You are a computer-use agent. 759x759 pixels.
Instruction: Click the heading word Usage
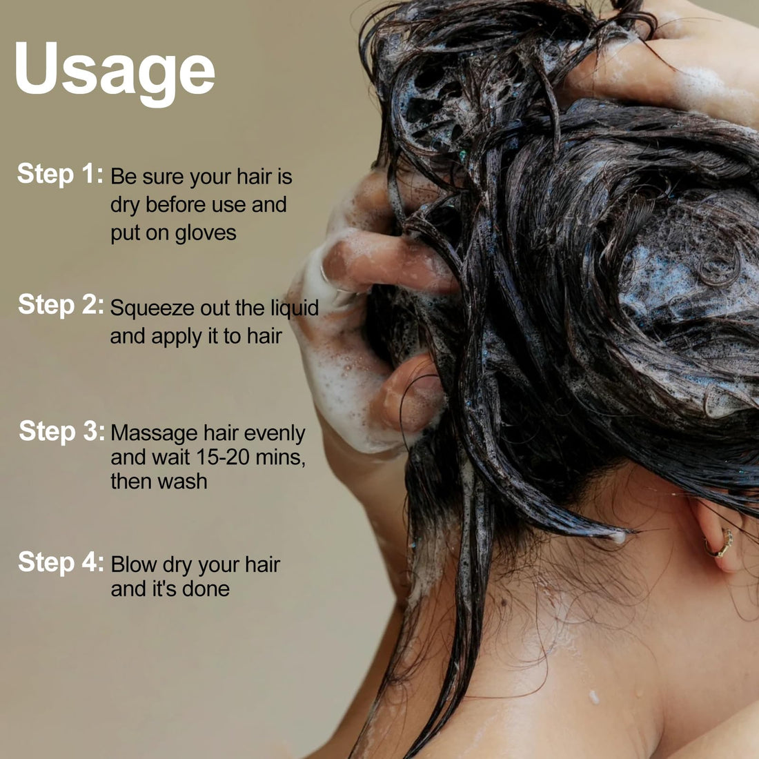(x=115, y=72)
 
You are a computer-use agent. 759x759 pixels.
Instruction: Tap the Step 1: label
(x=60, y=174)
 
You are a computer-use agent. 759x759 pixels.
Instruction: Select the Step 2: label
(x=61, y=305)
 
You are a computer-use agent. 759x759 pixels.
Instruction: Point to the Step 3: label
(x=61, y=431)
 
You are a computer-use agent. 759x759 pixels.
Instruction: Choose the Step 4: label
(x=61, y=562)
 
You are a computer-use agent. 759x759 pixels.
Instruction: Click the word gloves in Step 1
(x=205, y=233)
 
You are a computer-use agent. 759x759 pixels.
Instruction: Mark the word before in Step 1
(x=175, y=204)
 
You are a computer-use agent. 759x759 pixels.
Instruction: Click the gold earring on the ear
(x=719, y=543)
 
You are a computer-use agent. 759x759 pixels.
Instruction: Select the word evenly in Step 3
(x=275, y=434)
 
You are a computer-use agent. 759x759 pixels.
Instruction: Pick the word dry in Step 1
(x=124, y=205)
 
